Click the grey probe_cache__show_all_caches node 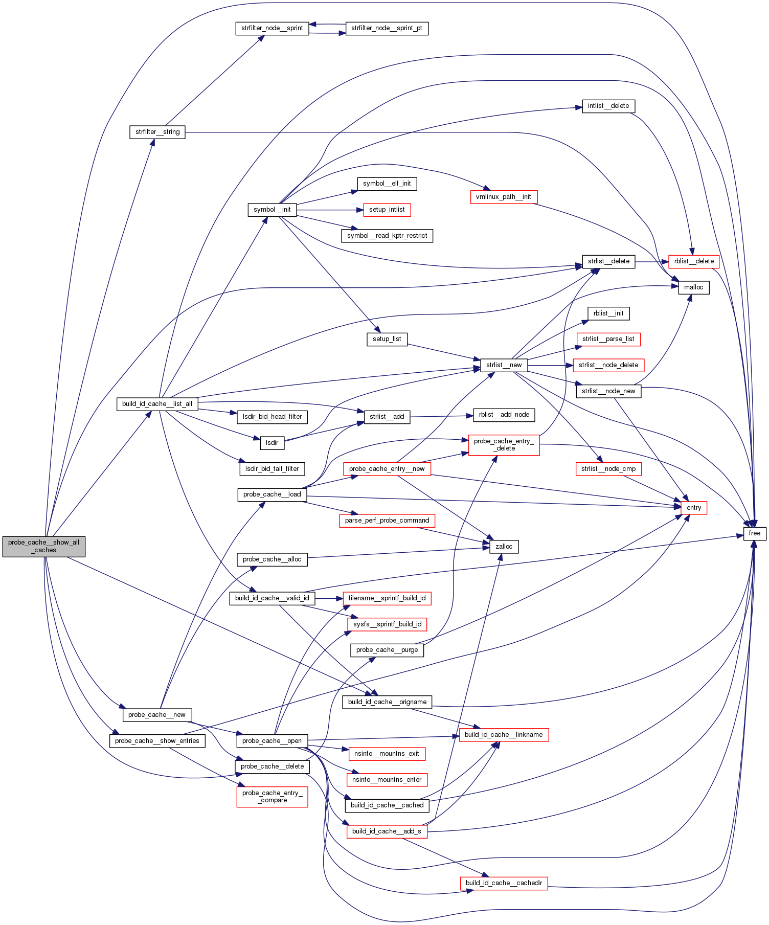coord(43,546)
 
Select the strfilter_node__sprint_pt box coord(387,28)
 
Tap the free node coord(754,533)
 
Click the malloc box coord(693,287)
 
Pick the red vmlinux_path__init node coord(503,197)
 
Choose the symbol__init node coord(272,210)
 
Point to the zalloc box coord(504,547)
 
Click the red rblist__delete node coord(694,261)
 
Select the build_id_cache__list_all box coord(157,404)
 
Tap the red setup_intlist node coord(387,210)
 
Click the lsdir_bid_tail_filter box coord(272,468)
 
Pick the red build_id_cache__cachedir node coord(504,883)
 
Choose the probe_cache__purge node coord(387,650)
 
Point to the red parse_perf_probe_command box coord(387,521)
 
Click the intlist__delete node coord(608,106)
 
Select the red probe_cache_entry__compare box coord(272,797)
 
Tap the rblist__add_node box coord(504,415)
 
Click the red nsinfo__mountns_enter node coord(387,780)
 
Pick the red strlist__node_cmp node coord(608,469)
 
